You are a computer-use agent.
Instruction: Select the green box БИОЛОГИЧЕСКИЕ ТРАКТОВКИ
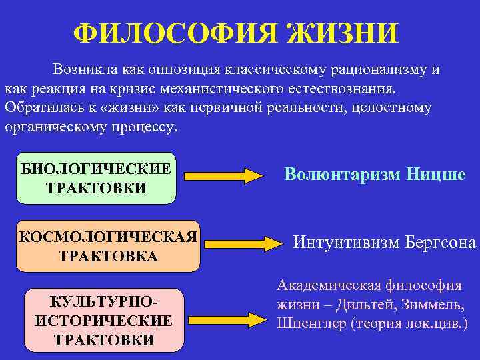[96, 177]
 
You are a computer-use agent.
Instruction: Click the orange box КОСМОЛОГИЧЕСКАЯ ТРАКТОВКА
[108, 247]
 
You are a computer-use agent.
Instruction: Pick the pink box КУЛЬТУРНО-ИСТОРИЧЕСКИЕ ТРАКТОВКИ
[103, 321]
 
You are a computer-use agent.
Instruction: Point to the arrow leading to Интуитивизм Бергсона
[243, 243]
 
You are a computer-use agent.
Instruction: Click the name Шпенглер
[309, 323]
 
